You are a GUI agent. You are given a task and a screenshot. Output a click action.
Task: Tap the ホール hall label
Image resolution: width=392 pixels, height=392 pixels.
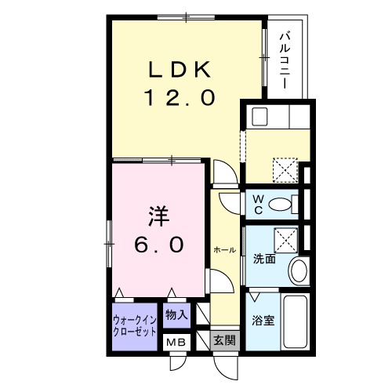224,249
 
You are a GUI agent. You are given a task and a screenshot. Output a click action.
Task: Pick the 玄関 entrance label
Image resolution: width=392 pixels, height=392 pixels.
224,341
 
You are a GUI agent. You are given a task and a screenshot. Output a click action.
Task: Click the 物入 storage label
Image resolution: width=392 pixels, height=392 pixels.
176,315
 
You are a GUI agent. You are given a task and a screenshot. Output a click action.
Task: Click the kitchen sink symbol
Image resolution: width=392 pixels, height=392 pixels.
260,118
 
